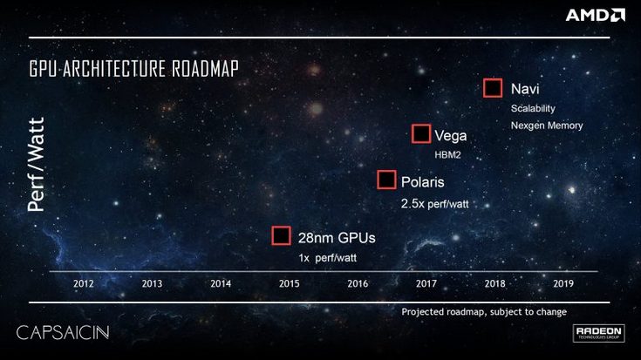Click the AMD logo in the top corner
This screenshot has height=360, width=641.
click(595, 15)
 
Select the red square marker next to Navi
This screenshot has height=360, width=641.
click(493, 88)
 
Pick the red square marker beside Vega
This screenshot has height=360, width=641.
click(421, 134)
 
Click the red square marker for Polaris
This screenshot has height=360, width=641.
click(386, 180)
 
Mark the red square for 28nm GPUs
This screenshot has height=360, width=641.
click(281, 236)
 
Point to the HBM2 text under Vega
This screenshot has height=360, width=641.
click(447, 154)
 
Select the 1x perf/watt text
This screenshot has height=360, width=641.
click(328, 258)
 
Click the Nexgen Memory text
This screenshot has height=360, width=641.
click(546, 126)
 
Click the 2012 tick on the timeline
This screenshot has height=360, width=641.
click(84, 283)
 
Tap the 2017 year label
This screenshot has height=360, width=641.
click(426, 283)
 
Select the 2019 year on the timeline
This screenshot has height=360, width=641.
click(563, 283)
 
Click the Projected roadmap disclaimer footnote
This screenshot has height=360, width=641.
click(484, 312)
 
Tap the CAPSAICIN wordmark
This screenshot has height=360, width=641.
click(62, 333)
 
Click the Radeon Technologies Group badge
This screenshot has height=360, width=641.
click(598, 334)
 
